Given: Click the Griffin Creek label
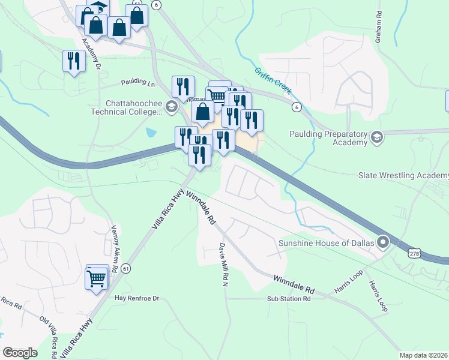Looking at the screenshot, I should click(272, 80).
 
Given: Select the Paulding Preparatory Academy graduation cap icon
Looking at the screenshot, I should click(377, 136).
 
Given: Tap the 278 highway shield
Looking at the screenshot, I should click(414, 254).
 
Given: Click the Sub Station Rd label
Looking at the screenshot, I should click(289, 298).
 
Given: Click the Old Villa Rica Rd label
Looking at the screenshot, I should click(47, 336).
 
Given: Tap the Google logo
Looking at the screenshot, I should click(20, 353).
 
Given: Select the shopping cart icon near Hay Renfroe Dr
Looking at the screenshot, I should click(97, 278).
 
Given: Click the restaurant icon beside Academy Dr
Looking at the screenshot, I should click(73, 61).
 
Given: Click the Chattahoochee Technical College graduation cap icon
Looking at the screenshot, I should click(171, 107).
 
